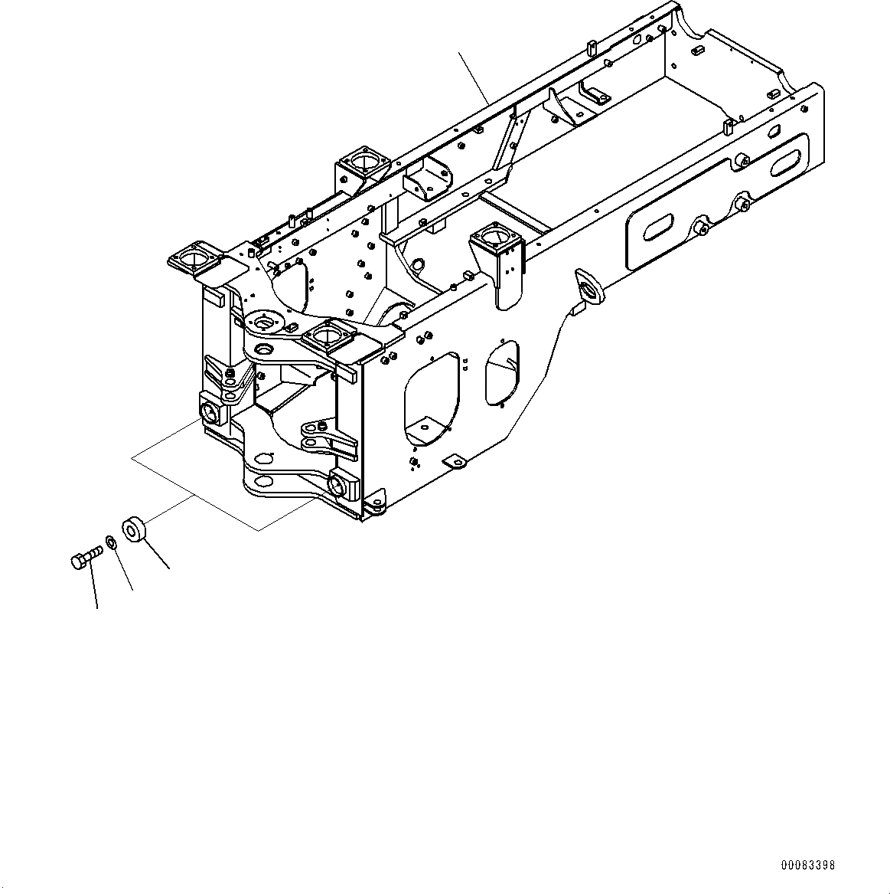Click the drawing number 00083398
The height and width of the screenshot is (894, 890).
click(x=808, y=865)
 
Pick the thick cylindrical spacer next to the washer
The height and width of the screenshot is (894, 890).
click(x=134, y=529)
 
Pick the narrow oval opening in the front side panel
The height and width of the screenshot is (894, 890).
click(x=501, y=372)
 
